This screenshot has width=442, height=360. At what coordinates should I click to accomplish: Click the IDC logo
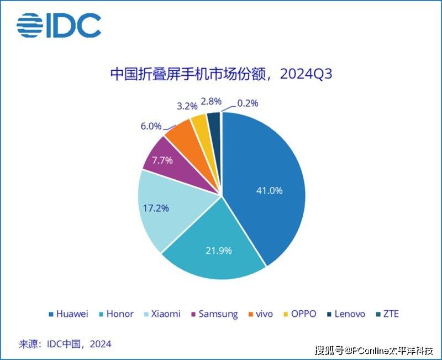coord(59,25)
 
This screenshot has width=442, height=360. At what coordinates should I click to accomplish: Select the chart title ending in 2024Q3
coord(220,74)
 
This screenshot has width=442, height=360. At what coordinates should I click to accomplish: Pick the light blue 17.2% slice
coord(166,213)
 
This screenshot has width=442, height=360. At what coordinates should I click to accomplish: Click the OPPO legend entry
coord(300,314)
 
